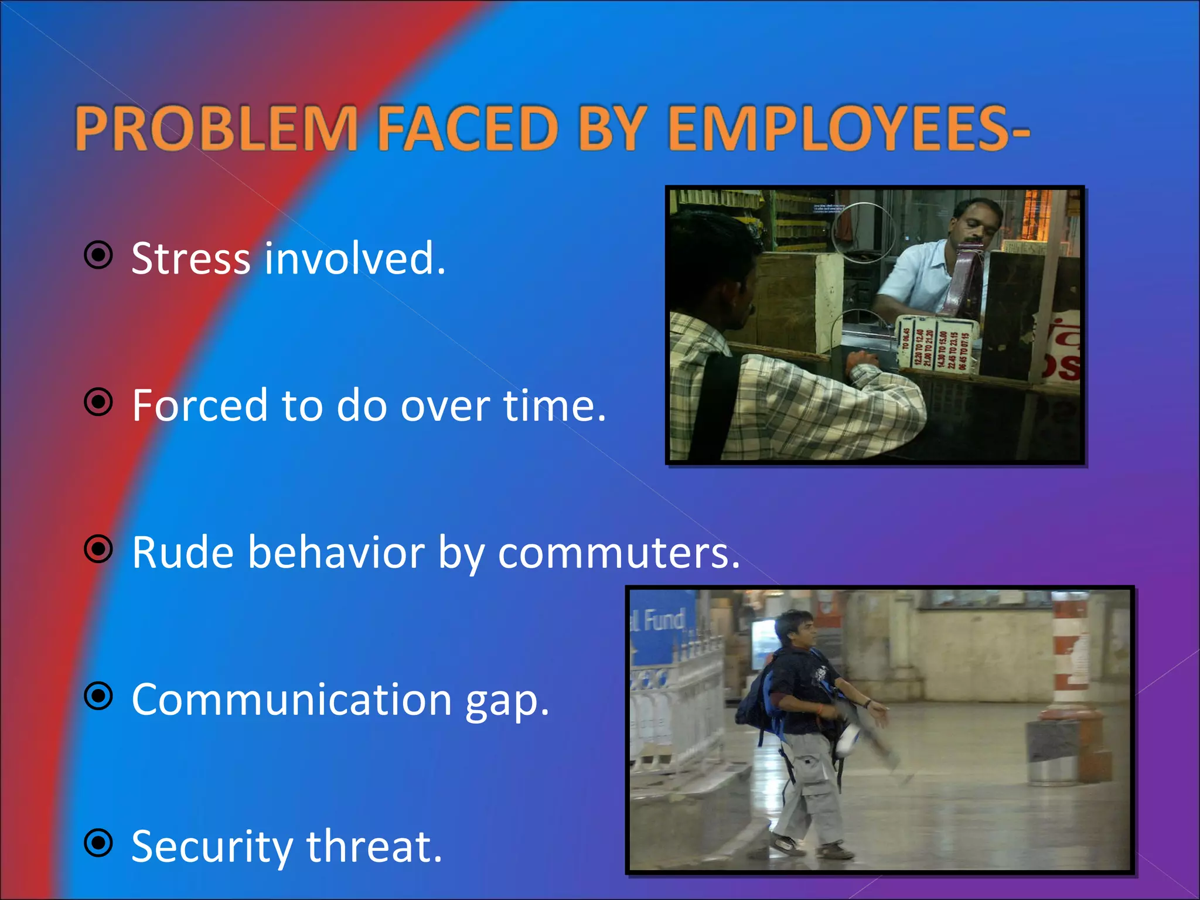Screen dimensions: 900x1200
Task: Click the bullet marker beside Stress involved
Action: tap(98, 255)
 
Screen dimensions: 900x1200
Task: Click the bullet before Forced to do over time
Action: tap(98, 403)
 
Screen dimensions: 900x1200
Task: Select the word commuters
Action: tap(619, 553)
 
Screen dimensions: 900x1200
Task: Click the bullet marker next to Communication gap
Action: tap(98, 697)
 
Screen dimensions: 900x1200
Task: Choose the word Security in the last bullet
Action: tap(211, 847)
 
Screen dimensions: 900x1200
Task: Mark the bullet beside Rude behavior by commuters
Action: tap(98, 550)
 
